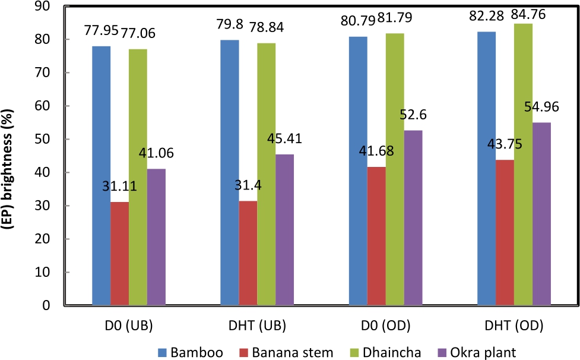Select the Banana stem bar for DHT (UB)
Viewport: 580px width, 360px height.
[248, 253]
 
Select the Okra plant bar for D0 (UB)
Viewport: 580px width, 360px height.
[157, 237]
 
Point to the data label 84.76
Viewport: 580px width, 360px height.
[527, 12]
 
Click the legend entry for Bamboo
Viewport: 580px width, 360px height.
[189, 352]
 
